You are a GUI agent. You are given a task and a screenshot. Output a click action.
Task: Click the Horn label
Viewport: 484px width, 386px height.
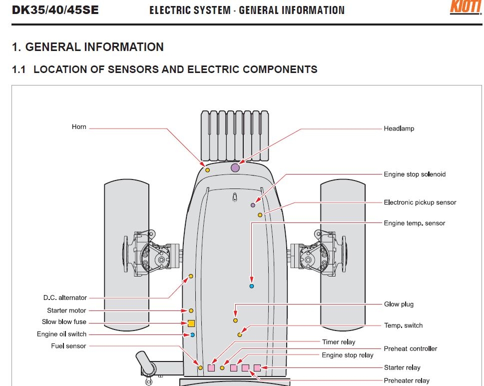(79, 127)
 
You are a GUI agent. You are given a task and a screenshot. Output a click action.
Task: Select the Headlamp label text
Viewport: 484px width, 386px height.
(399, 128)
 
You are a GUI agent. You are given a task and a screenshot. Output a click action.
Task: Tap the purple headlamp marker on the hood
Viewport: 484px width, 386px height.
(235, 168)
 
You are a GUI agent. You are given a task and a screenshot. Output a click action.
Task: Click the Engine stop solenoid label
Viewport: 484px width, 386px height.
(415, 174)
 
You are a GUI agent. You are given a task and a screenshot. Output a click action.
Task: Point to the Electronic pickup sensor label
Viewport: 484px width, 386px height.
(420, 202)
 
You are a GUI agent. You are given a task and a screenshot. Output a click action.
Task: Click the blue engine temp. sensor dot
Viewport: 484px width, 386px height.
(252, 286)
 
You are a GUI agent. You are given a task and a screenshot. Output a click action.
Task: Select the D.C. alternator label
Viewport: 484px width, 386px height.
(65, 298)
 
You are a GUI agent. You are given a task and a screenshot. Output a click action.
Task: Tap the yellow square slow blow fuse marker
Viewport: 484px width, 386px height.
(191, 323)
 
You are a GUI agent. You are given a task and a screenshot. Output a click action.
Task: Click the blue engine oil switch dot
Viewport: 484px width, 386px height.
(192, 334)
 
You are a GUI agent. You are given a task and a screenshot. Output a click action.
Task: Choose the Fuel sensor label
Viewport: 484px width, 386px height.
(68, 346)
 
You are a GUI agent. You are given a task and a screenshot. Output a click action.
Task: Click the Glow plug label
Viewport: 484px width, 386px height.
(399, 304)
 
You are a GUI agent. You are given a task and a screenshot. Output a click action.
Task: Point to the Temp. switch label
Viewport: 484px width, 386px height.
(403, 325)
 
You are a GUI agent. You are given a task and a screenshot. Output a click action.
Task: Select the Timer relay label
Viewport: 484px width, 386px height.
(338, 342)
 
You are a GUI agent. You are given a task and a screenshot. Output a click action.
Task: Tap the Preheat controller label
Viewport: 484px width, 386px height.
(410, 348)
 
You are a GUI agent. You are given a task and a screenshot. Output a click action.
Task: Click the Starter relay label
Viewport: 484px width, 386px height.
(402, 367)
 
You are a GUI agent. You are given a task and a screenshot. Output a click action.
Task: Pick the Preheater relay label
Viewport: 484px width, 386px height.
(406, 380)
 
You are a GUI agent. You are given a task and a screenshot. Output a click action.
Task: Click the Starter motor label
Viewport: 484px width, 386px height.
(67, 310)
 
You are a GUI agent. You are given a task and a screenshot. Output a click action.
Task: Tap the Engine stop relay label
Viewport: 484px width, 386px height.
(347, 355)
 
